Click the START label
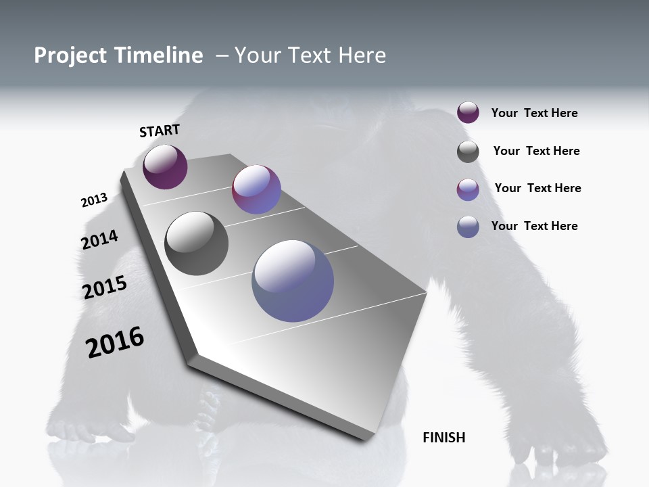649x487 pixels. click(x=160, y=131)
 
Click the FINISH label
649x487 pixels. click(x=443, y=438)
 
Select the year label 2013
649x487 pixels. click(x=94, y=200)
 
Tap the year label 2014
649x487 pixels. click(x=99, y=239)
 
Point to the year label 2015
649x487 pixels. click(x=105, y=287)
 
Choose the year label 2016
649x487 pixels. click(x=115, y=342)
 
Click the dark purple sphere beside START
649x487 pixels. click(x=165, y=166)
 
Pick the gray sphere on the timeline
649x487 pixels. click(x=196, y=243)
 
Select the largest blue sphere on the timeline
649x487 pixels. click(x=293, y=281)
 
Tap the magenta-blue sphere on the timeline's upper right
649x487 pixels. click(x=256, y=189)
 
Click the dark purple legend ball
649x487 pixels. click(x=468, y=112)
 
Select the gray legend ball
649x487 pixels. click(x=468, y=152)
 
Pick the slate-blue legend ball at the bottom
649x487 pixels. click(x=468, y=227)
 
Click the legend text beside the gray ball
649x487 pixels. click(x=536, y=151)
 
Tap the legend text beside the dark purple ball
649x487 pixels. click(x=534, y=113)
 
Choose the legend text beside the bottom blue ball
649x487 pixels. click(x=534, y=226)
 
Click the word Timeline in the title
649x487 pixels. click(x=160, y=55)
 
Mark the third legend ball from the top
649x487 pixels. click(x=468, y=189)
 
